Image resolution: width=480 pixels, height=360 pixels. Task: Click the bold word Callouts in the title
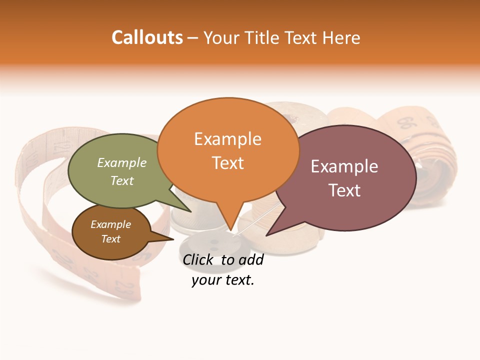(147, 37)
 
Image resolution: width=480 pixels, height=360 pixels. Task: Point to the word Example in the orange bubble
(227, 139)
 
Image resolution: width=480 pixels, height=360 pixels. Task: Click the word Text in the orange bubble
(227, 163)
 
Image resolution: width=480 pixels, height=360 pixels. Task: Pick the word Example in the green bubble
(122, 162)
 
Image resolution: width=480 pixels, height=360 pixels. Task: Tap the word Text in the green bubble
(122, 180)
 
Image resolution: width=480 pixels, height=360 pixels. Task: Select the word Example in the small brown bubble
(110, 224)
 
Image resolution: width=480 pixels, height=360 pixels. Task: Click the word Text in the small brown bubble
(110, 239)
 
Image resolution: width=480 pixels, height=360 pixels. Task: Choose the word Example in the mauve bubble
(344, 166)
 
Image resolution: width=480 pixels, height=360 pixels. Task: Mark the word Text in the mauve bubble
(344, 190)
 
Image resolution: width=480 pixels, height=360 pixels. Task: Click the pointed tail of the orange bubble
(230, 227)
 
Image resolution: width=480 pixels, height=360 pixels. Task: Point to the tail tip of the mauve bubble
(268, 234)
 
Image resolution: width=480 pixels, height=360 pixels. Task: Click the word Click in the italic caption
(199, 259)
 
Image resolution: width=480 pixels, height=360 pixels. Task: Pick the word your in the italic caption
(206, 280)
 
